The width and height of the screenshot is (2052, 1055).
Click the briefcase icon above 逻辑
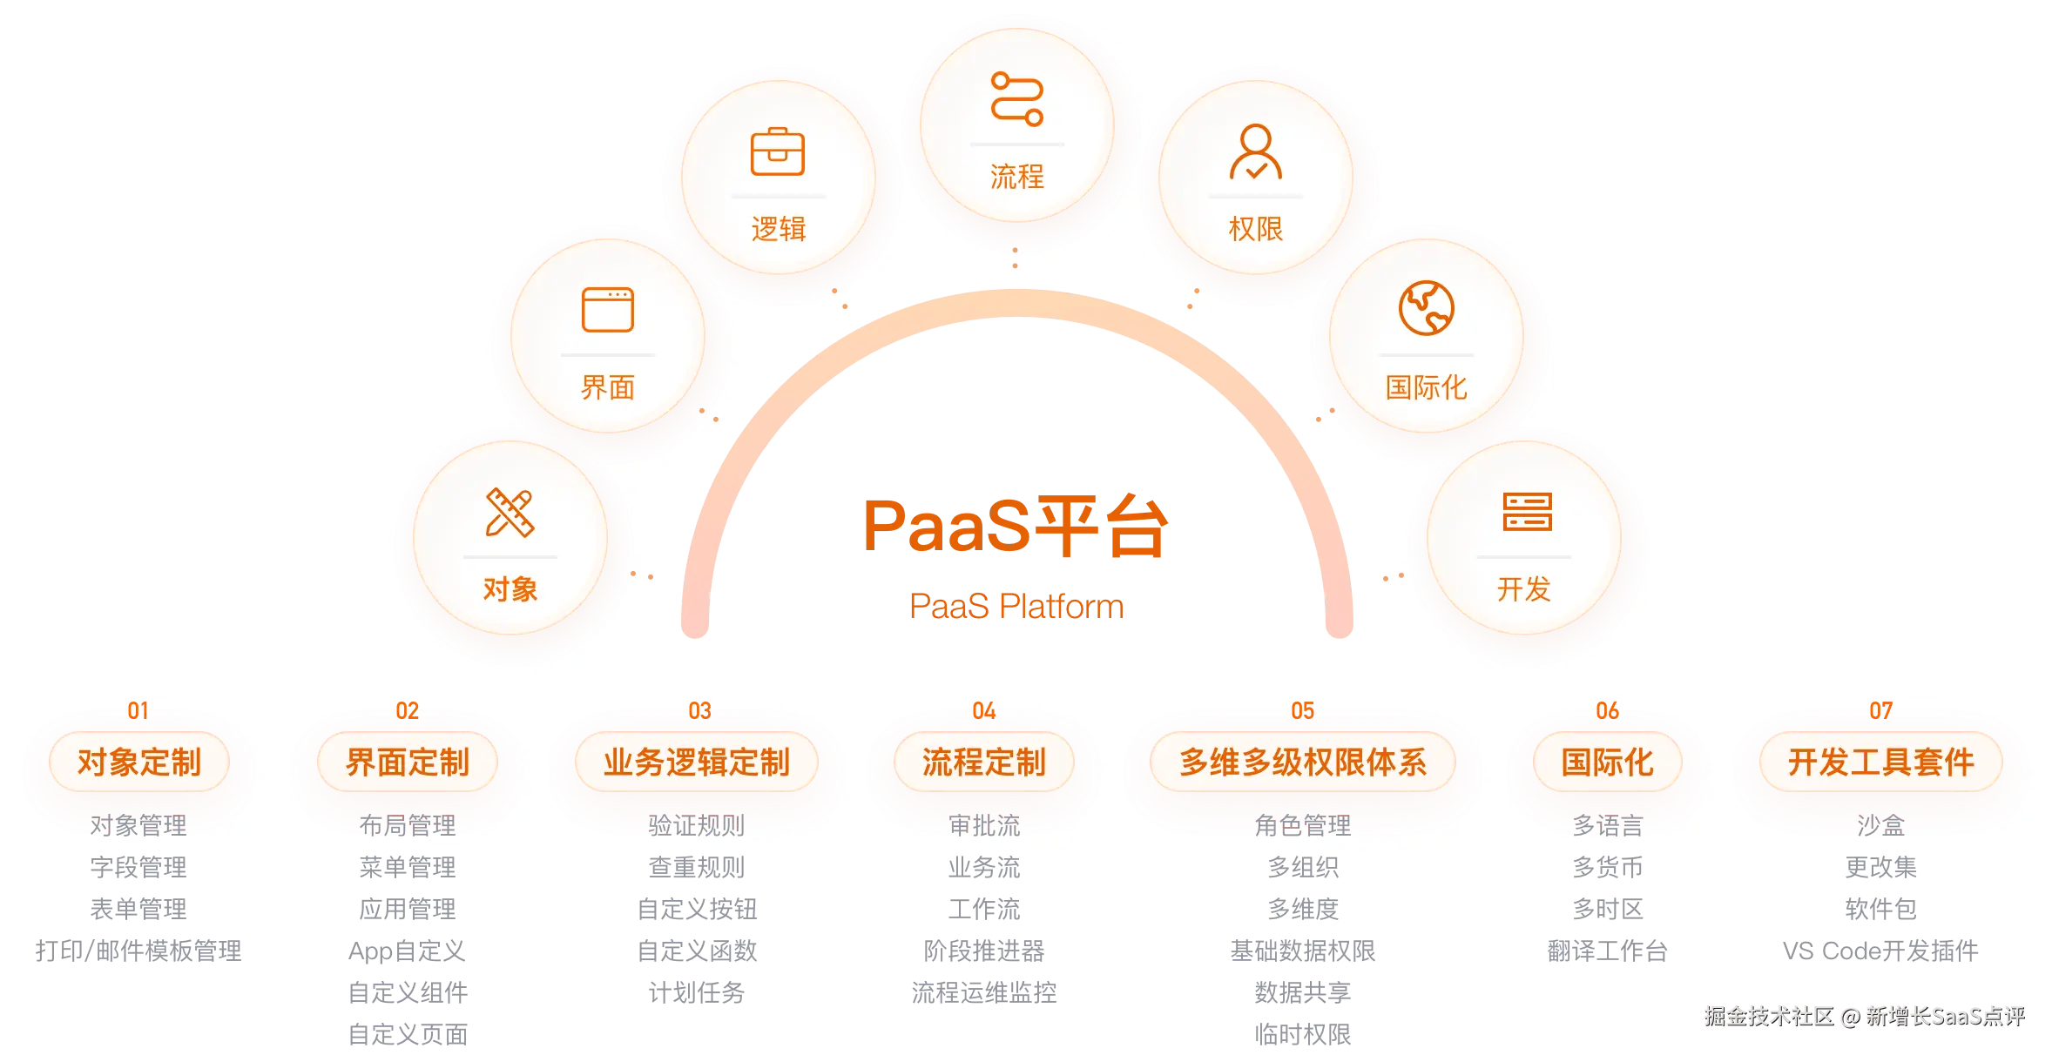pos(778,152)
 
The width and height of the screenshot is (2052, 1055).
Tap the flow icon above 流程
pos(1016,99)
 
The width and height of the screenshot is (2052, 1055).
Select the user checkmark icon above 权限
pos(1255,152)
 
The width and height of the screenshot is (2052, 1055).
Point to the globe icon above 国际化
pos(1426,308)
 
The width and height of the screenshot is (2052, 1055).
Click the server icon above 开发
pos(1527,511)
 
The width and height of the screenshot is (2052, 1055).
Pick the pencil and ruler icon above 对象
pos(510,512)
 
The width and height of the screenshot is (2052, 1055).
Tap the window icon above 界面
pos(607,310)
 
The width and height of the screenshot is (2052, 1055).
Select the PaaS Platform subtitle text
pos(1016,606)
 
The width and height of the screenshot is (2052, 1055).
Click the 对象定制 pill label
pos(139,763)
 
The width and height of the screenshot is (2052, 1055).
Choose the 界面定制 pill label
pos(408,763)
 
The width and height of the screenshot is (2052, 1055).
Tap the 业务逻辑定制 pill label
pos(697,763)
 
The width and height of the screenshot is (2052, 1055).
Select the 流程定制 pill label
pos(984,763)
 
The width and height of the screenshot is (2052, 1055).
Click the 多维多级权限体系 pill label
pos(1303,763)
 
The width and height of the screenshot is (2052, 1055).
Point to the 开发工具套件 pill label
pos(1881,763)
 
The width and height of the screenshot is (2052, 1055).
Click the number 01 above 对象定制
pos(138,711)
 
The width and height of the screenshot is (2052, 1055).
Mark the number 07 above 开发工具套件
pos(1881,711)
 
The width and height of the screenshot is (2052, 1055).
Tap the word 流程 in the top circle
pos(1016,177)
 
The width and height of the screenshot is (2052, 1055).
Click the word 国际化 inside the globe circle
pos(1426,387)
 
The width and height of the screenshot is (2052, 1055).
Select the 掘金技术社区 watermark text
pos(1768,1016)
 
